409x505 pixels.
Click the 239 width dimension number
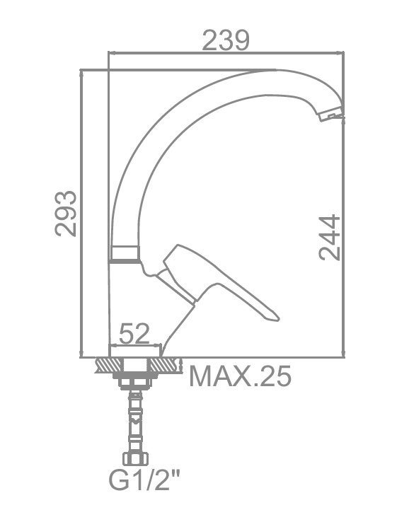(226, 40)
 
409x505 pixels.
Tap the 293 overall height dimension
(66, 214)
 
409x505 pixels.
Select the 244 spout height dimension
(329, 238)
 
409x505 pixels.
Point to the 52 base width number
(134, 333)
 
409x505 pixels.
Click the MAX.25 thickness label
(240, 376)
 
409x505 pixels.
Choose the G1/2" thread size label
(144, 480)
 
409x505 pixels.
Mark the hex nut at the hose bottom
(135, 458)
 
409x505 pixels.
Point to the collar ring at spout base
(125, 253)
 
